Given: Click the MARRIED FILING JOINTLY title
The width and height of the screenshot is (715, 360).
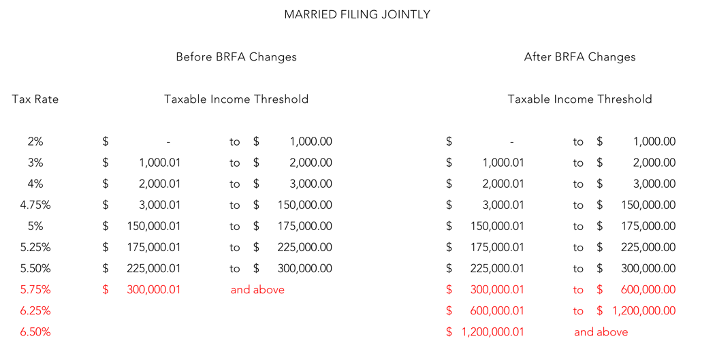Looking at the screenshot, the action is [x=357, y=14].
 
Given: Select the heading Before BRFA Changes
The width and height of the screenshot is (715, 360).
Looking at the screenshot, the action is [x=236, y=57].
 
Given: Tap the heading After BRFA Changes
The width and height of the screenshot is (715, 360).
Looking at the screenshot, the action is [x=579, y=57].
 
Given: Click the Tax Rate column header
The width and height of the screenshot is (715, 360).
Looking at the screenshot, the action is [x=35, y=99].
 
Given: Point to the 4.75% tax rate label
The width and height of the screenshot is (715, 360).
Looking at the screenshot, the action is [x=35, y=205].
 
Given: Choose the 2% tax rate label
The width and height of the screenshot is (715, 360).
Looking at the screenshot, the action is [x=35, y=142].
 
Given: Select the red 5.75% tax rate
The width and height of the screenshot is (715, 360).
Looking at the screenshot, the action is [x=35, y=290].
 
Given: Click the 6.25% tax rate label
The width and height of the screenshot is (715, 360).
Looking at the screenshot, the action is [x=35, y=311].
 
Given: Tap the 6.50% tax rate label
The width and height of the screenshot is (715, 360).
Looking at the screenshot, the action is [x=35, y=331].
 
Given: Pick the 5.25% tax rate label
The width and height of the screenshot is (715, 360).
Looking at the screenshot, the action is [x=35, y=248].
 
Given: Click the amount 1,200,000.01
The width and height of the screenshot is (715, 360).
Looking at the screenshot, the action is [x=492, y=332].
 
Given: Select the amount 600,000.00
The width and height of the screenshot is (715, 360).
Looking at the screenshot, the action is [x=648, y=290].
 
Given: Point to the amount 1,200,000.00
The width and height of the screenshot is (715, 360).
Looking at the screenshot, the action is [x=644, y=311].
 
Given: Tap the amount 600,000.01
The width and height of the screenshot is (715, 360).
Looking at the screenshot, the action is [x=497, y=311].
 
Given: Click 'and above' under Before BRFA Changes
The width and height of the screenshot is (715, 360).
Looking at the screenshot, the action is [x=257, y=290].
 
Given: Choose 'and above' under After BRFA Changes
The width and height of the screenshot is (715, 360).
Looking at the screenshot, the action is [x=601, y=331].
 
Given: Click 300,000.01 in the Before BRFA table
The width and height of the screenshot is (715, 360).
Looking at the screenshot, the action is [x=154, y=290].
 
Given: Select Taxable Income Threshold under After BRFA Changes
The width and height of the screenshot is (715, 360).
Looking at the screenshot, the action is [x=579, y=99].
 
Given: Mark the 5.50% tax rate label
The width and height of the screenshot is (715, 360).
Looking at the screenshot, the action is [x=35, y=268].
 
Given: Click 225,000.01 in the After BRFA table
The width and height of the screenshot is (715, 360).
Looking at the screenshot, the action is [x=497, y=268].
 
